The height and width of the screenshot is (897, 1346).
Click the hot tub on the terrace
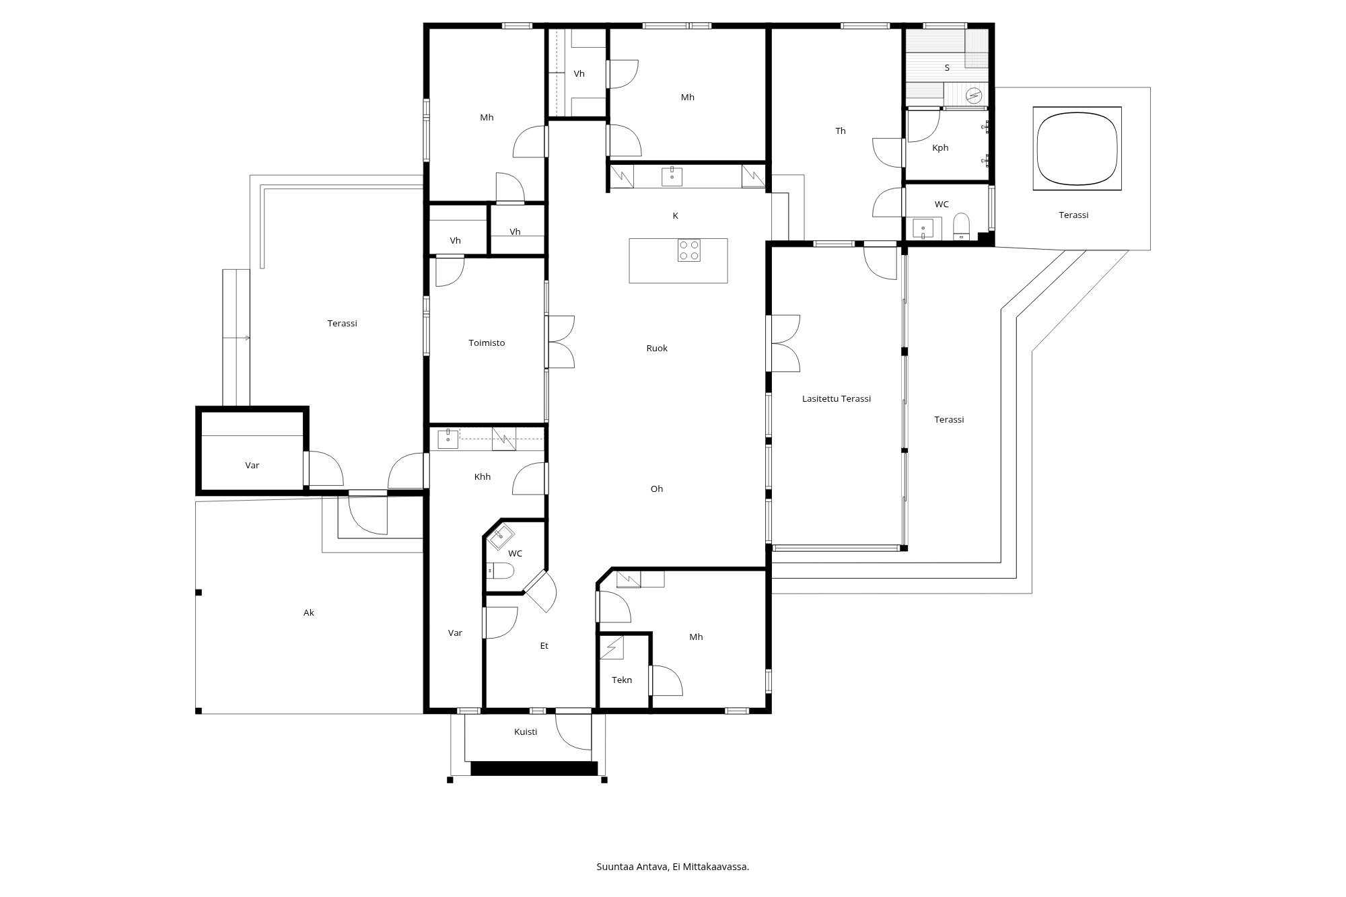(1077, 148)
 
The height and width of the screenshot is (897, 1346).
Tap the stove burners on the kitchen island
(688, 250)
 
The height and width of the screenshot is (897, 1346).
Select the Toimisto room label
(487, 343)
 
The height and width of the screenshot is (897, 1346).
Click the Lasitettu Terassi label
(837, 399)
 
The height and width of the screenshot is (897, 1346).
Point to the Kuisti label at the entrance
(526, 732)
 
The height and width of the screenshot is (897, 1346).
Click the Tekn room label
(622, 680)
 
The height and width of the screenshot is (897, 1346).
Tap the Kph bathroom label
(940, 148)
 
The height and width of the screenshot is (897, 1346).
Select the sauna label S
(947, 68)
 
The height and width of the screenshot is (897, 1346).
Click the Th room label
(841, 131)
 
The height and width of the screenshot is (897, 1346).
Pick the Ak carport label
(309, 613)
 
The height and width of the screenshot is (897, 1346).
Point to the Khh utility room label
(483, 477)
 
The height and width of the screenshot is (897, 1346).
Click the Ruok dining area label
(657, 349)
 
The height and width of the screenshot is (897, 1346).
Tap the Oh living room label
(657, 489)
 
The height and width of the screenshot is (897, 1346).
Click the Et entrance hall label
(544, 646)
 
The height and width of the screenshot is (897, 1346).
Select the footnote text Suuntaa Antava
(632, 867)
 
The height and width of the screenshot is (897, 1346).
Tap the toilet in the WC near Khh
(500, 571)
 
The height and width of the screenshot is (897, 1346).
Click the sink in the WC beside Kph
(923, 228)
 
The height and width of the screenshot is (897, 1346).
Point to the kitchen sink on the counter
(672, 176)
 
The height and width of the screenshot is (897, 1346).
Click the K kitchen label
(675, 216)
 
